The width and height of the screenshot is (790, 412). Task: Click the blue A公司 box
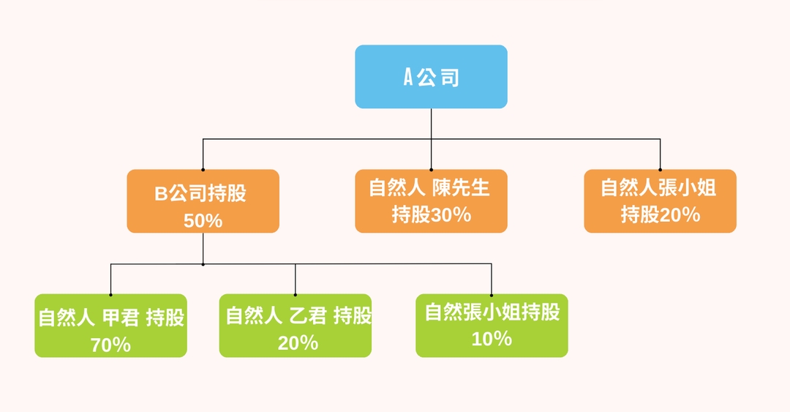[431, 77]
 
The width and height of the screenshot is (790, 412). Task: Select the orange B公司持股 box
[203, 201]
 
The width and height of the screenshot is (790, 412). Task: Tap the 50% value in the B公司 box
[203, 220]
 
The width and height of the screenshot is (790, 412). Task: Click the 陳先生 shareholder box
[431, 201]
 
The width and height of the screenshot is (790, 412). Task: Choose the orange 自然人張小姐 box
[660, 201]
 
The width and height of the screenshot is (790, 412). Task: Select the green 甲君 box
[110, 326]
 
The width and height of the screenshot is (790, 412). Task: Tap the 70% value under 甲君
[110, 345]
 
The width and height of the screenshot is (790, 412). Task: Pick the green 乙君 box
[295, 326]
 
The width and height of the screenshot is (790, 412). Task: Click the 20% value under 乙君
[298, 342]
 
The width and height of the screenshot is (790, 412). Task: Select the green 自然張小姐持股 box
[492, 326]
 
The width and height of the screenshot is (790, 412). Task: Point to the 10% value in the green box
[492, 339]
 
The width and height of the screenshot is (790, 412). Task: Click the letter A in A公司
[409, 78]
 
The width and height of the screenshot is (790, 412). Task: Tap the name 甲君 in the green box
[119, 318]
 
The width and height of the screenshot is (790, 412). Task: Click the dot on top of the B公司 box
[203, 170]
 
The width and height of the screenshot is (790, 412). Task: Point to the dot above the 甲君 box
[110, 294]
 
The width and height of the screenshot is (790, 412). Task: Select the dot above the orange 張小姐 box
[660, 170]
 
